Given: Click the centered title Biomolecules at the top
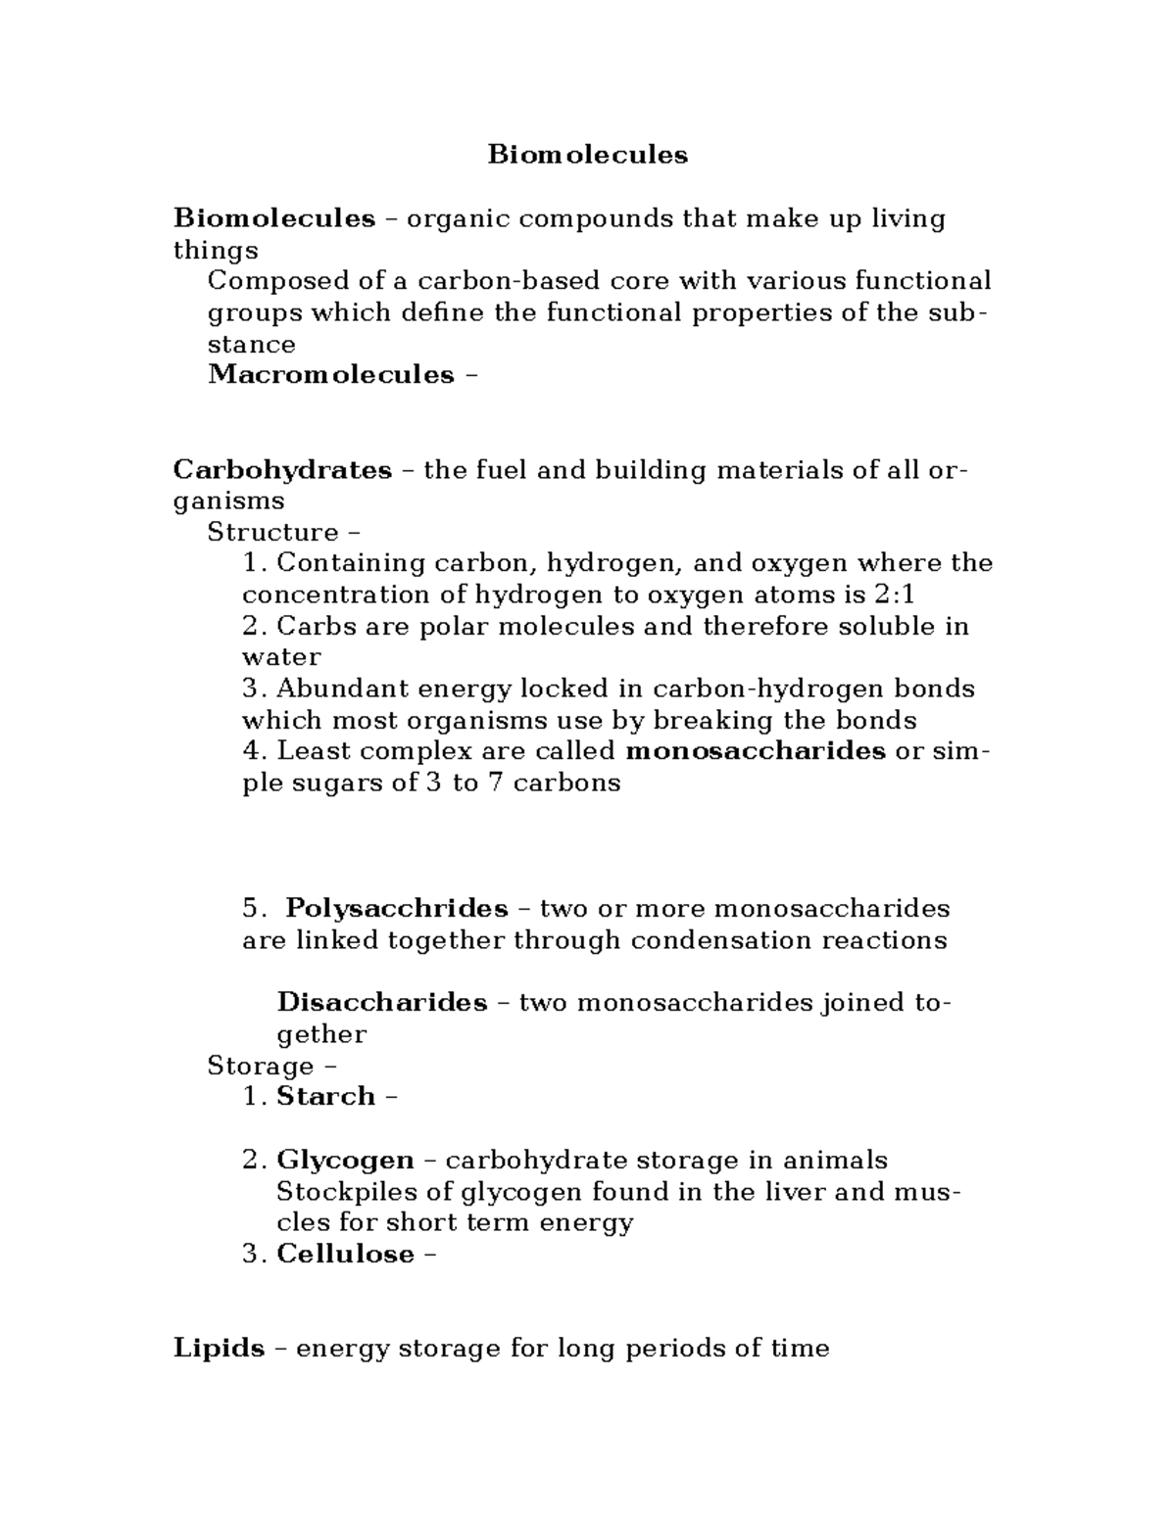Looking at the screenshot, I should (588, 155).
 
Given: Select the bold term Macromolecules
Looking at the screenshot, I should (331, 375).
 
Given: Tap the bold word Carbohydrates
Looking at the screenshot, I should (282, 470).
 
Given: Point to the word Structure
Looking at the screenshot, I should (272, 533).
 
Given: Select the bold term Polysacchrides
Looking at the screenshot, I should (396, 909).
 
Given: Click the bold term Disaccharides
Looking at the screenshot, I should (382, 1003).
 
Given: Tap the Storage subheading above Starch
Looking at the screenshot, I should (261, 1066).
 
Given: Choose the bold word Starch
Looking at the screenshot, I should (325, 1096).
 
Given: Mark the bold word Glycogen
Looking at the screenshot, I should (345, 1161).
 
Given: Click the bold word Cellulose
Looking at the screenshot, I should (345, 1255).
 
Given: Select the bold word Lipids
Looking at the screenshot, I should (219, 1349).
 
